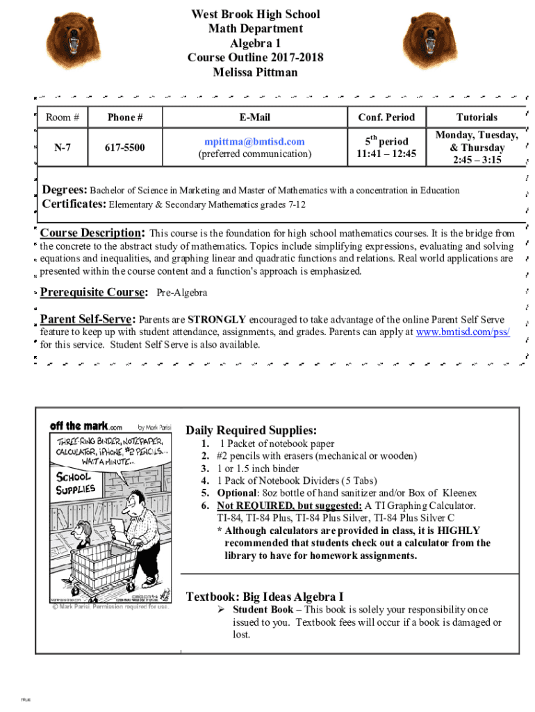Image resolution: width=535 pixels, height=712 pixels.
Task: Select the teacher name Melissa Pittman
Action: (x=255, y=72)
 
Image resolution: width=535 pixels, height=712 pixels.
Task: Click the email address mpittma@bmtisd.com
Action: (x=255, y=141)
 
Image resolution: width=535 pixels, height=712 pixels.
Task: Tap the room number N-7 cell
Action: (x=62, y=147)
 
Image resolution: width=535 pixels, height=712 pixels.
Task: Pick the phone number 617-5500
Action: (x=125, y=147)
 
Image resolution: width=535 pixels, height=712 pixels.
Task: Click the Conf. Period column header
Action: (x=386, y=117)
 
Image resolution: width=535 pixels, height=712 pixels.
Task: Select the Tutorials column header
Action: (x=477, y=117)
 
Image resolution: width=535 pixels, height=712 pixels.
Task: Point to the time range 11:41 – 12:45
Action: (x=386, y=154)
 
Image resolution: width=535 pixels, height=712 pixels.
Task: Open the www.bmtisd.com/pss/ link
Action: (x=462, y=332)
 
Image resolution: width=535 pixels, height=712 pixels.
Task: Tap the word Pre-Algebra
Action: (x=182, y=293)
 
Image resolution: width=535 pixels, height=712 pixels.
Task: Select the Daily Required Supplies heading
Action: (x=251, y=430)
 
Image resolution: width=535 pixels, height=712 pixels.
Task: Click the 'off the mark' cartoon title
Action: (x=85, y=426)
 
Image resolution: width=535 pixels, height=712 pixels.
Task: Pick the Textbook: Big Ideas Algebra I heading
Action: (x=265, y=597)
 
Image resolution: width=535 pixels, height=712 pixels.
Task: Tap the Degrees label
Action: (x=65, y=190)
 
